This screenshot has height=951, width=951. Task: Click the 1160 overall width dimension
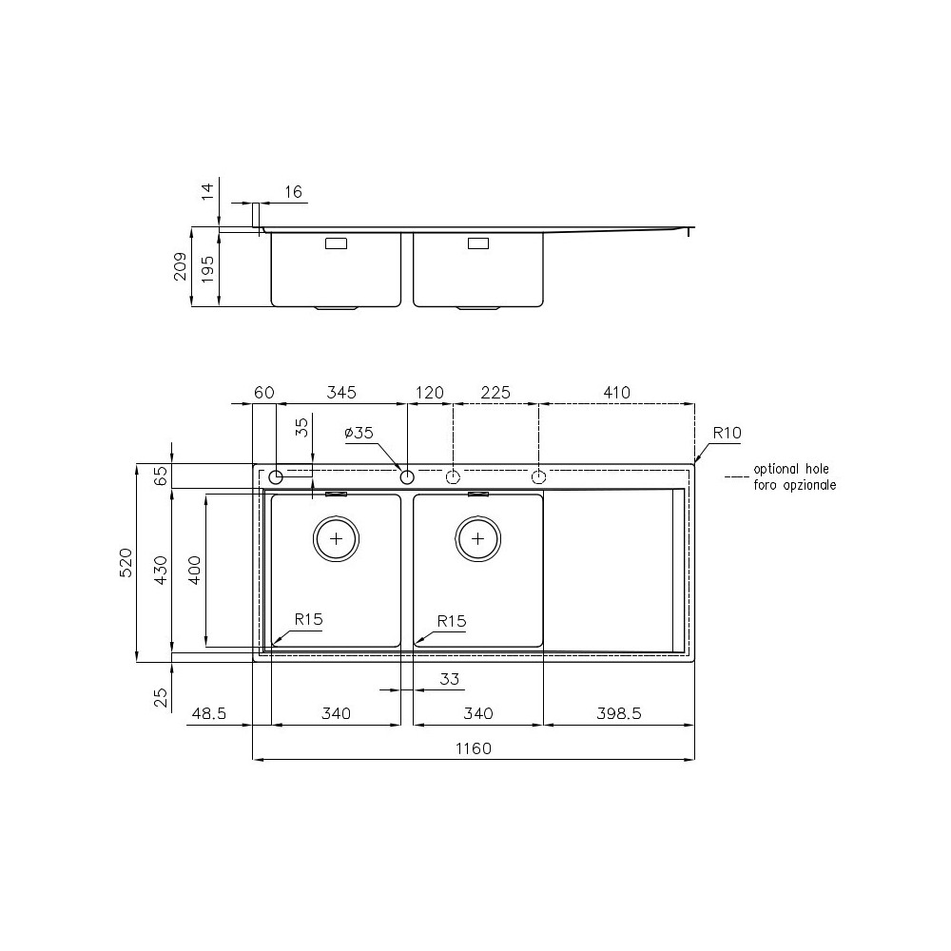473,748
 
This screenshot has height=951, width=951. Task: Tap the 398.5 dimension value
619,713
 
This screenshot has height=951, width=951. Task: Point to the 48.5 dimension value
208,713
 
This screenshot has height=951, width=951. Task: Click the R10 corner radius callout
727,433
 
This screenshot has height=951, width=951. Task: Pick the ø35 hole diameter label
359,433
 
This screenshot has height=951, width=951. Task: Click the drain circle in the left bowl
336,538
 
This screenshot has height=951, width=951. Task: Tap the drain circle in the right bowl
477,538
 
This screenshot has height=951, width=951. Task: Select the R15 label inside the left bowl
309,619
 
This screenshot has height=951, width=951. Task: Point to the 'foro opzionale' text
795,484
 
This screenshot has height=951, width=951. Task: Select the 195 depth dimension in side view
204,267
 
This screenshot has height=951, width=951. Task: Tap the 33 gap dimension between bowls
450,679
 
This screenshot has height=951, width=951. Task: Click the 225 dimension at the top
495,392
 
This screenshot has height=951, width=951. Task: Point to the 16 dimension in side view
293,192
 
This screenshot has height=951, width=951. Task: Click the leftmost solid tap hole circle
276,475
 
